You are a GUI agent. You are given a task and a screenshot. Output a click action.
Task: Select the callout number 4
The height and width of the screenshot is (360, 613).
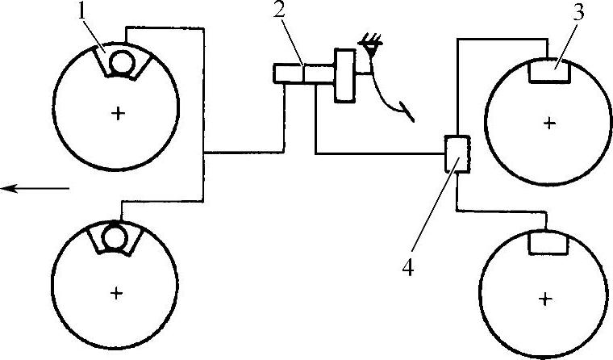(x=409, y=267)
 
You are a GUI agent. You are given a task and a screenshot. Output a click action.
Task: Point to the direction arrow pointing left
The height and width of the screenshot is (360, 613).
(x=35, y=188)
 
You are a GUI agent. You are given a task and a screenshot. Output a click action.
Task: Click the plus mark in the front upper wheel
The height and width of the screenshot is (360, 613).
(x=119, y=114)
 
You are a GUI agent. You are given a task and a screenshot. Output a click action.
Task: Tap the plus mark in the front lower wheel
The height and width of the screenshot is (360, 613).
(x=117, y=294)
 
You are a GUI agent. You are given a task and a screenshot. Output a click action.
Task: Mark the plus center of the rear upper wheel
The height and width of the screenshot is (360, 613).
(x=549, y=123)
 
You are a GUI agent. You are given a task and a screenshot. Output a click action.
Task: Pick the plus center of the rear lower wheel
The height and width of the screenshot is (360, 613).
(x=546, y=299)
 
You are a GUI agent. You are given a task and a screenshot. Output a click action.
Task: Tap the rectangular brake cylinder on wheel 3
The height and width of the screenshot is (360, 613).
(x=548, y=72)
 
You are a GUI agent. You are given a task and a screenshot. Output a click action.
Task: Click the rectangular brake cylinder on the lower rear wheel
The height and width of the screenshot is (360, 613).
(x=548, y=241)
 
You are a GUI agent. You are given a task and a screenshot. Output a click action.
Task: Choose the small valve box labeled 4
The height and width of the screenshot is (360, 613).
(x=457, y=153)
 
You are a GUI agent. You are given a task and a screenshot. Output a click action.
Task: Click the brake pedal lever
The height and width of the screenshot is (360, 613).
(x=393, y=98)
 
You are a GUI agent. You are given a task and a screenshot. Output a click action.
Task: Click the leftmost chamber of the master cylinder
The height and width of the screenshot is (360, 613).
(x=287, y=74)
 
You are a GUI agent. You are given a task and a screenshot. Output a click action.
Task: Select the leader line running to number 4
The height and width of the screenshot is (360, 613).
(x=432, y=213)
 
